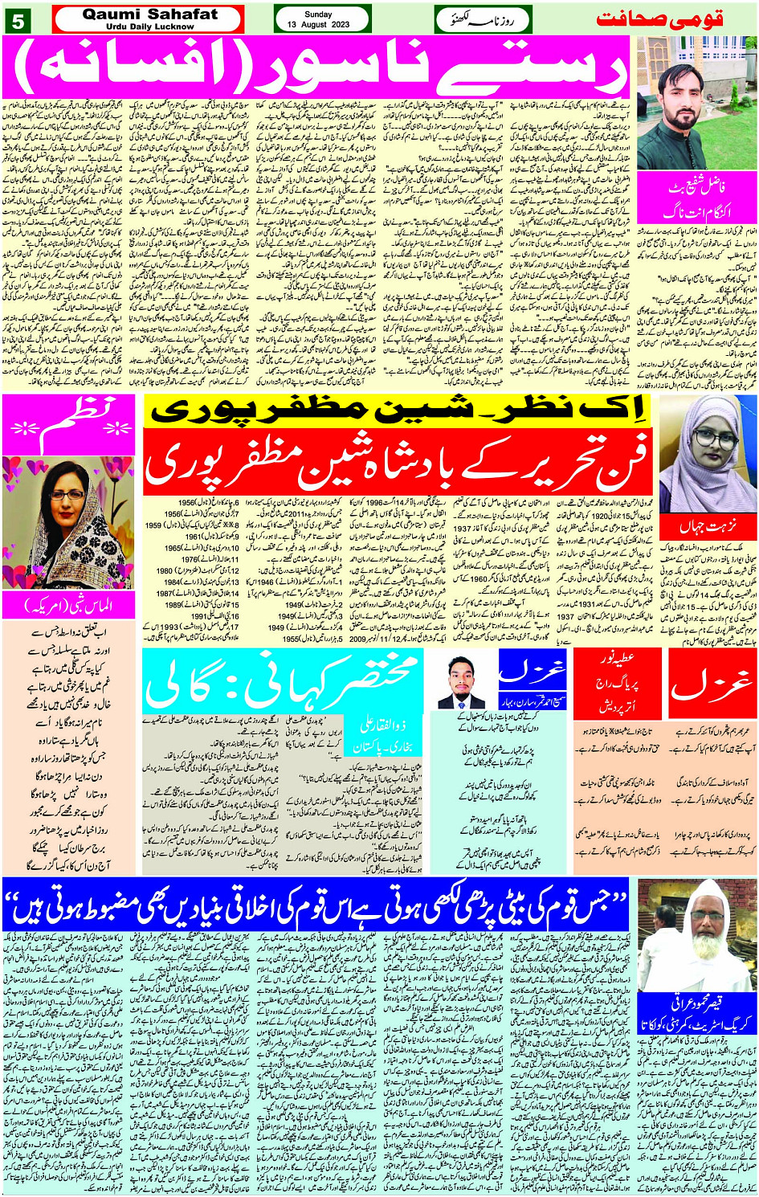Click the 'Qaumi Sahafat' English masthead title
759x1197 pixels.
click(x=149, y=14)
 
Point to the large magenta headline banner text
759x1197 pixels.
click(x=320, y=69)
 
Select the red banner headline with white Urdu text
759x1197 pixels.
click(x=398, y=460)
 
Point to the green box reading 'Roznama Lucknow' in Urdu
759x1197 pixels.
click(x=483, y=19)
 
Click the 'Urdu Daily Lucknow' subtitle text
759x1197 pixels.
click(x=149, y=27)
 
